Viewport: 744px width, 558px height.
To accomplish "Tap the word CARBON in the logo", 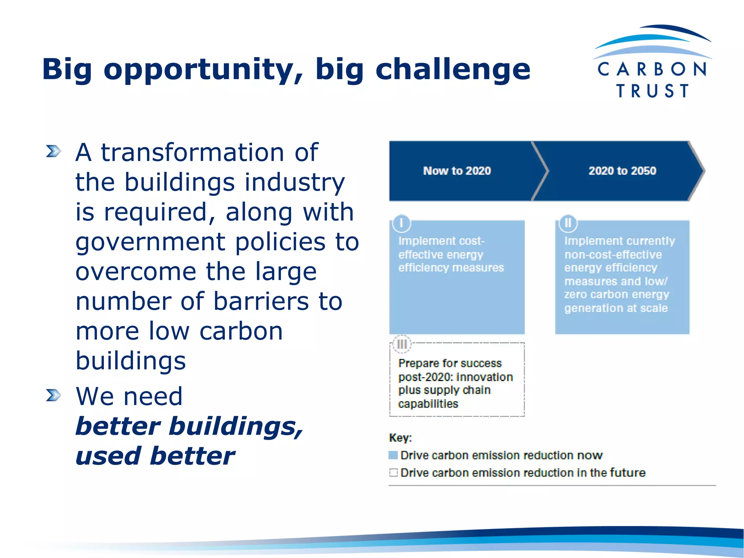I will (x=652, y=69).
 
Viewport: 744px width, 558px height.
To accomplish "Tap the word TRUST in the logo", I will (x=652, y=91).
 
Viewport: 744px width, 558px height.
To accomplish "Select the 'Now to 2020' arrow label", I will (x=457, y=171).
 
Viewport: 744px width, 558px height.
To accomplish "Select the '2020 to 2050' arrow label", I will (x=622, y=171).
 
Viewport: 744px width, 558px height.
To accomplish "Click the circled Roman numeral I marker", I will (x=401, y=223).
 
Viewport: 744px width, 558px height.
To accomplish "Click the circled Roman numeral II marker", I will (x=568, y=223).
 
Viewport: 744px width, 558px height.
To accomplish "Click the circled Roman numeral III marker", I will (x=402, y=344).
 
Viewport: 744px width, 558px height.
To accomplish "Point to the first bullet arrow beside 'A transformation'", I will (x=53, y=151).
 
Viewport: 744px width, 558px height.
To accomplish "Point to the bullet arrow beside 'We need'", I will (x=53, y=395).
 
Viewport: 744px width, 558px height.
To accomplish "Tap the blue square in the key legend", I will (x=393, y=455).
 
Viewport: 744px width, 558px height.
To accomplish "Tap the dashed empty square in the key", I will (x=393, y=473).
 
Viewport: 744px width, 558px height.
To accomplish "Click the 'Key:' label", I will (x=400, y=438).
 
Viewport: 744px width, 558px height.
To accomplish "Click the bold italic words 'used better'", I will (x=155, y=456).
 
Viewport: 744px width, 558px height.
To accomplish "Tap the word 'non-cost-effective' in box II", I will (x=613, y=254).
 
